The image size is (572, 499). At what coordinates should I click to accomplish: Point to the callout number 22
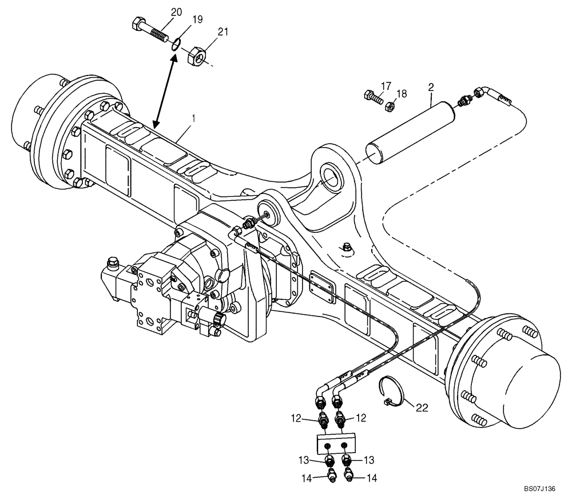pyautogui.click(x=422, y=407)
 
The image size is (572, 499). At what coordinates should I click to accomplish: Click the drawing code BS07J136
pyautogui.click(x=538, y=489)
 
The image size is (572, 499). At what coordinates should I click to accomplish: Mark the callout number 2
pyautogui.click(x=431, y=87)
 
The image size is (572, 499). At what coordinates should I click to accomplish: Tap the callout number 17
pyautogui.click(x=386, y=86)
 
